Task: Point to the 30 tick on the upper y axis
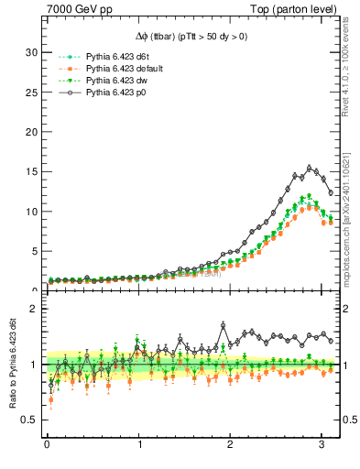[x=30, y=52]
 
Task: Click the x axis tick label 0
[x=47, y=448]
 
